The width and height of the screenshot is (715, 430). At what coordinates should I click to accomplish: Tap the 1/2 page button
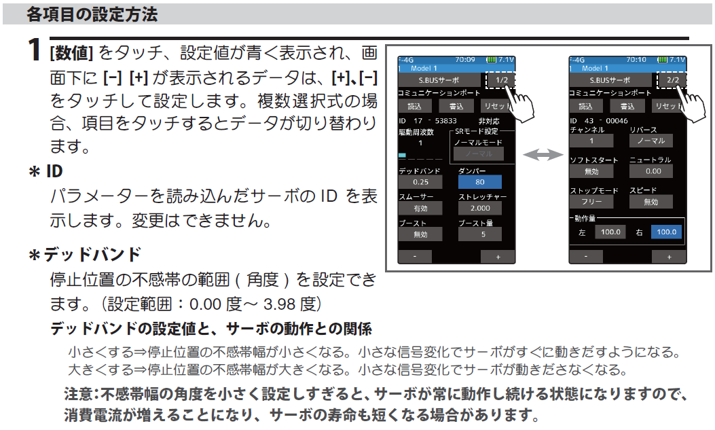tap(501, 79)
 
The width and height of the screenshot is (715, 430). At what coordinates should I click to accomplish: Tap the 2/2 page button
tap(673, 79)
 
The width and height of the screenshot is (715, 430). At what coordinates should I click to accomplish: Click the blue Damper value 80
tap(479, 182)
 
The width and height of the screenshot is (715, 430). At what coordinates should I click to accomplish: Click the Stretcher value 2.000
tap(479, 209)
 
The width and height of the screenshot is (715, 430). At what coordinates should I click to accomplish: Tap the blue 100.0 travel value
tap(666, 232)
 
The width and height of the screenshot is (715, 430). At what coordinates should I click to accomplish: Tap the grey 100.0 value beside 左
tap(610, 232)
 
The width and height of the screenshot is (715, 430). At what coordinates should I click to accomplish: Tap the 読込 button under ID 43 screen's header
tap(586, 107)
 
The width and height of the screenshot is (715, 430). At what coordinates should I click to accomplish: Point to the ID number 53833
tap(445, 120)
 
